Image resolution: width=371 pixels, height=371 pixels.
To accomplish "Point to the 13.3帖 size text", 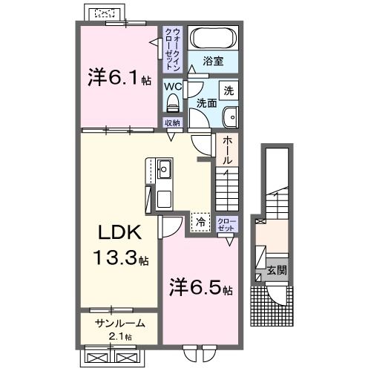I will (120, 260).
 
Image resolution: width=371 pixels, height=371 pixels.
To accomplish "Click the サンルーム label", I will (119, 324).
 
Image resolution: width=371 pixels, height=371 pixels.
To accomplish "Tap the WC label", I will (173, 85).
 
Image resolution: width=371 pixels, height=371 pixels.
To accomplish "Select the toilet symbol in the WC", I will (172, 102).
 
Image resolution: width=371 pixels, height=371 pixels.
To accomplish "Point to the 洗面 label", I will (208, 103).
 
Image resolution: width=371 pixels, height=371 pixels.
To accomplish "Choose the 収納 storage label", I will (172, 123).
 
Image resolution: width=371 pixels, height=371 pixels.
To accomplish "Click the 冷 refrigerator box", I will (199, 220).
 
